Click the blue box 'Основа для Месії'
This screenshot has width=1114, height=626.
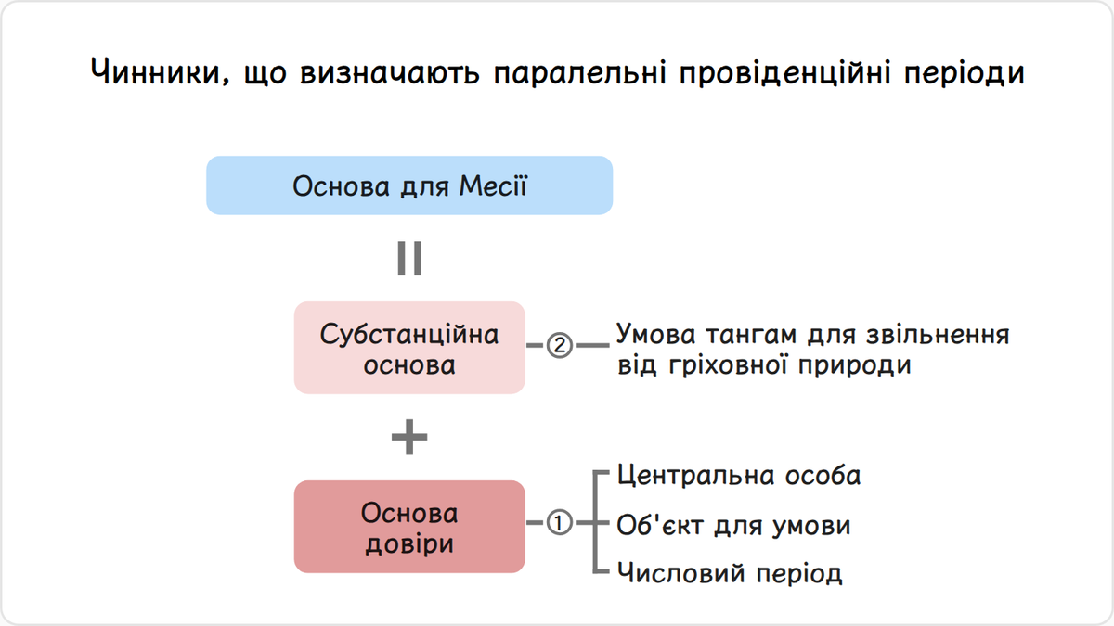[409, 185]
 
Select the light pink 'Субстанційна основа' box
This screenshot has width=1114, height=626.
[409, 348]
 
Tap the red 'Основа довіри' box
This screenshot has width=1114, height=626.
[409, 527]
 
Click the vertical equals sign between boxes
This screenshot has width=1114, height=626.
[409, 259]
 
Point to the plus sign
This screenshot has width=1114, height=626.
[409, 437]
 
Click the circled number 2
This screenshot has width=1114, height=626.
[560, 345]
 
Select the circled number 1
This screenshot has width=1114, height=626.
[560, 523]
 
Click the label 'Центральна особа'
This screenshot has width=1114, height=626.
[739, 476]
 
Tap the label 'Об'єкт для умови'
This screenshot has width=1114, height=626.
[733, 525]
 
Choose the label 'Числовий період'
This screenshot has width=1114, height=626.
[730, 573]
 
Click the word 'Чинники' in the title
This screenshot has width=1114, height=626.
[160, 72]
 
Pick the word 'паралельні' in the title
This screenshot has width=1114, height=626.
[579, 73]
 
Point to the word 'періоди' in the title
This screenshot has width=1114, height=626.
[964, 73]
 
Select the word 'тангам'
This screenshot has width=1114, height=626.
[751, 335]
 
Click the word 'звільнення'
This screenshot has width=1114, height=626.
[938, 335]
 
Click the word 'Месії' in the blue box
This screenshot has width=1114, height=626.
[493, 186]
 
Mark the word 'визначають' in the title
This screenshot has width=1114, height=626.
[390, 73]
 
